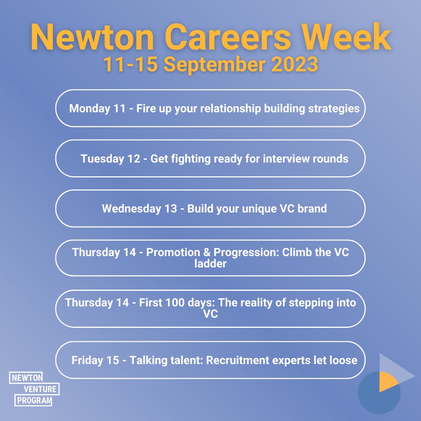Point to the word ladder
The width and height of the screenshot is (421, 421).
210,264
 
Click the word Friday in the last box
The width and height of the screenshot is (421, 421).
88,360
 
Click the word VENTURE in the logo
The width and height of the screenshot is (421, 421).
40,389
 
